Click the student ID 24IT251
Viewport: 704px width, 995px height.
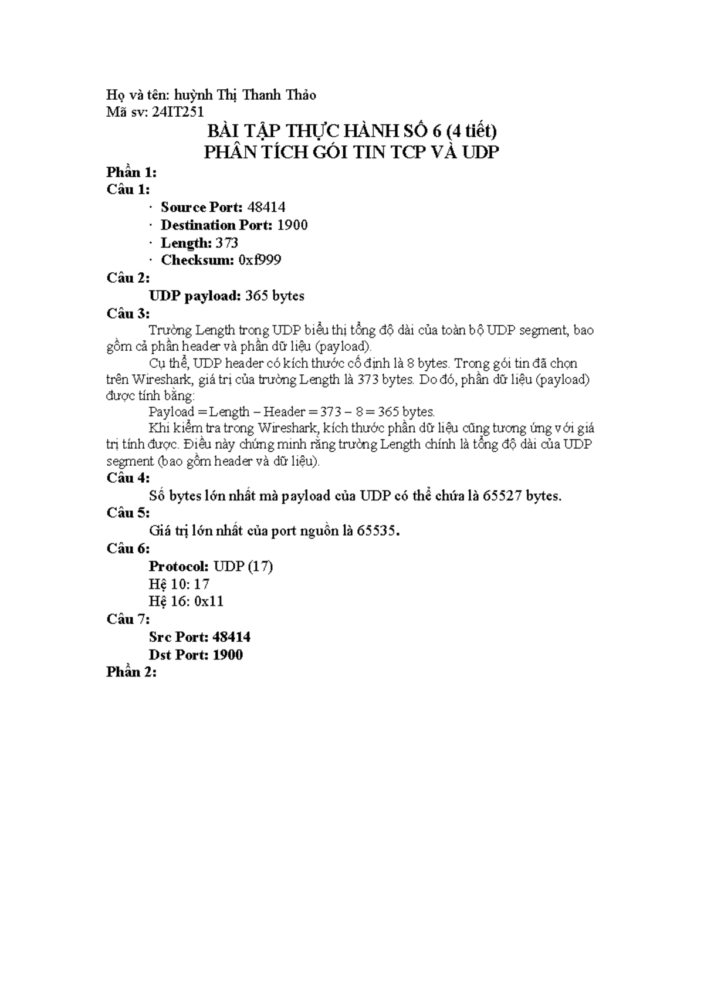178,112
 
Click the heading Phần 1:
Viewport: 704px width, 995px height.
131,172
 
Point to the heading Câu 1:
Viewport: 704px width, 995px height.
128,189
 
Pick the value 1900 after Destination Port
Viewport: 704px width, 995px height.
292,225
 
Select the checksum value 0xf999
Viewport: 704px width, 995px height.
260,260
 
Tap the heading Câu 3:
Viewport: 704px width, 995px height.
128,314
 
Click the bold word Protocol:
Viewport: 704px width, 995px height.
178,566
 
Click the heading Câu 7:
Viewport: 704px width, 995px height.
128,619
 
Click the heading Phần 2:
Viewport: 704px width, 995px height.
131,672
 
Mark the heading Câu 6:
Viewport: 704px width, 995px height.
128,549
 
